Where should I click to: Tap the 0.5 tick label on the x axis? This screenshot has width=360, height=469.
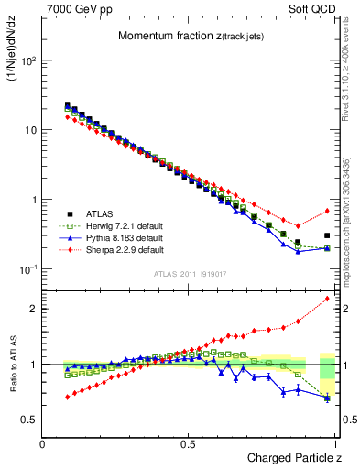coord(189,443)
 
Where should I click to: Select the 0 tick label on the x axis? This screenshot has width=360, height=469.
coord(43,443)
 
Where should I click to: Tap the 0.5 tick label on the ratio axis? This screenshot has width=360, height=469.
coord(29,420)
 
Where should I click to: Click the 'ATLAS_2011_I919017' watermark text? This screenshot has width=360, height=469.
coord(190,273)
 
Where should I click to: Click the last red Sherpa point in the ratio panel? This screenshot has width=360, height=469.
coord(327,299)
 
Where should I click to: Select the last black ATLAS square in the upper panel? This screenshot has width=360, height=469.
coord(327,235)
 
